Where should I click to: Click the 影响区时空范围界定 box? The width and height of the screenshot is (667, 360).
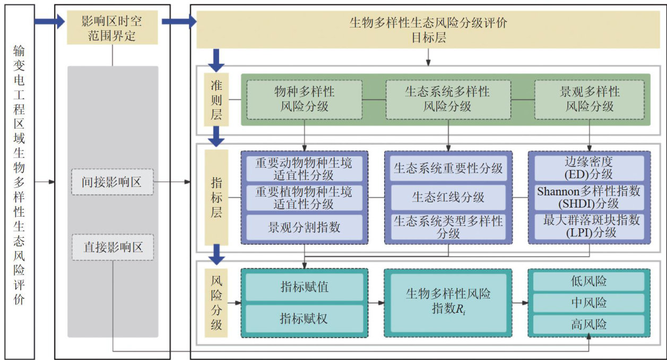[x=112, y=29]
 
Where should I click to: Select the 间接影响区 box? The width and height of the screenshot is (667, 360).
[x=112, y=182]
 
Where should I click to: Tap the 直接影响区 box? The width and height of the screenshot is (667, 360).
[x=112, y=247]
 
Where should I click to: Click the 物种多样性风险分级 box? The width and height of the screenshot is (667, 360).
[x=304, y=99]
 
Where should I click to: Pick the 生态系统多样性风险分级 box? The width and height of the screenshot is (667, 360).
[x=447, y=99]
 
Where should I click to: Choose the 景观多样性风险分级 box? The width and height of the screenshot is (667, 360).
[x=589, y=99]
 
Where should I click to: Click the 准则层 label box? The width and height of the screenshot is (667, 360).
[x=216, y=100]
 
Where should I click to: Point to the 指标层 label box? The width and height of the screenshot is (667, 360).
[x=216, y=198]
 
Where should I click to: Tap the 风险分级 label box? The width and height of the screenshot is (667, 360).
[x=216, y=303]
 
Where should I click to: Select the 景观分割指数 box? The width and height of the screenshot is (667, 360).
[x=304, y=228]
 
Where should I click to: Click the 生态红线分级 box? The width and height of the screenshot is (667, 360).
[x=448, y=198]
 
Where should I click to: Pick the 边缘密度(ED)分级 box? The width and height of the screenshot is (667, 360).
[x=589, y=168]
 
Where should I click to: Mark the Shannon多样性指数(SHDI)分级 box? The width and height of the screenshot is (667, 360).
[x=589, y=198]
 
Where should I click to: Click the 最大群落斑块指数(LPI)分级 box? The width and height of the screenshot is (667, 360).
[x=589, y=227]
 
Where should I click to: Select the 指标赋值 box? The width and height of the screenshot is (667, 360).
[x=304, y=287]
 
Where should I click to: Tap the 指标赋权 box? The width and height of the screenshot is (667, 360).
[x=304, y=318]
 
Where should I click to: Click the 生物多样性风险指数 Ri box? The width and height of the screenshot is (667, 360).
[x=448, y=302]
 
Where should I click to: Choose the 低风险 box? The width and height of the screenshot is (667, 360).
[x=589, y=281]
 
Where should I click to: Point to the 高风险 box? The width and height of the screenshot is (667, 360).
[x=589, y=324]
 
